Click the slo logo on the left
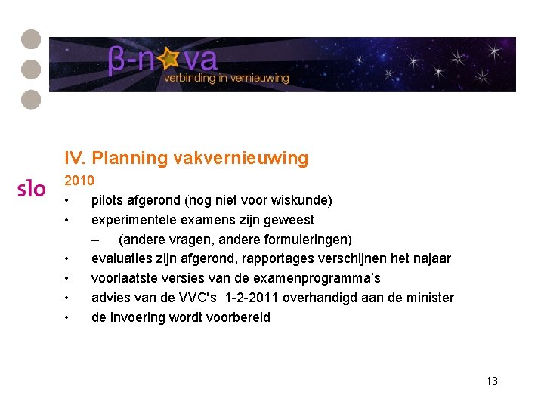[x=32, y=188]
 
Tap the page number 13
[x=492, y=381]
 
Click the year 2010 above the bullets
[x=79, y=181]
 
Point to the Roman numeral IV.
[x=75, y=158]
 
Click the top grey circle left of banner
[x=31, y=39]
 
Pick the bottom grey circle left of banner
[x=31, y=99]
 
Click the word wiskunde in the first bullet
[x=302, y=200]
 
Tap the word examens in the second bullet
[x=200, y=220]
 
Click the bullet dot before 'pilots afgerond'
[x=68, y=201]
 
